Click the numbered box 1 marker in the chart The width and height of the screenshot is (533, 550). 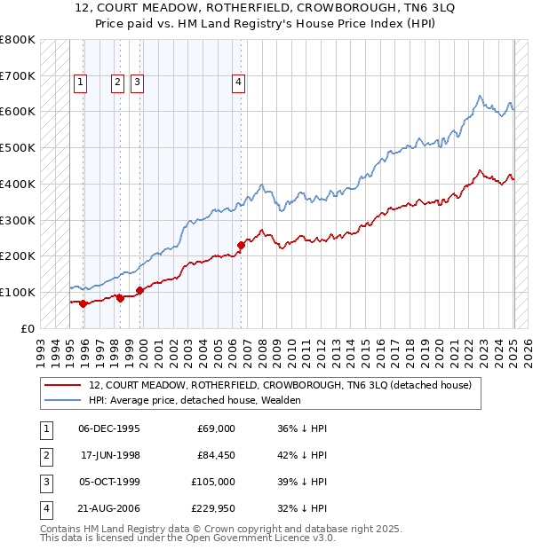(x=80, y=82)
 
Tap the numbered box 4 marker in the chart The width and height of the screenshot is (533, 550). (x=239, y=82)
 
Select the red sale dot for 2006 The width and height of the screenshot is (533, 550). (x=241, y=245)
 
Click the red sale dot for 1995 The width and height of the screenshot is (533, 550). (x=84, y=303)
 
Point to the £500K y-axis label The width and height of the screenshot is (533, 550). (x=18, y=147)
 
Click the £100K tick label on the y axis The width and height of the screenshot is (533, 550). (x=18, y=292)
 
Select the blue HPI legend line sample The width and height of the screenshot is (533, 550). (x=62, y=400)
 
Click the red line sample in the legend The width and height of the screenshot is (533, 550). (x=62, y=385)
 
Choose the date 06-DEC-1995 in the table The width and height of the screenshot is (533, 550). (x=108, y=428)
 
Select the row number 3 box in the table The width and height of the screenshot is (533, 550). (x=45, y=482)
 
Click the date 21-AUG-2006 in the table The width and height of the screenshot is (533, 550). (x=108, y=508)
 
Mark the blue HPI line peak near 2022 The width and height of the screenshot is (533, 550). (x=480, y=96)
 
